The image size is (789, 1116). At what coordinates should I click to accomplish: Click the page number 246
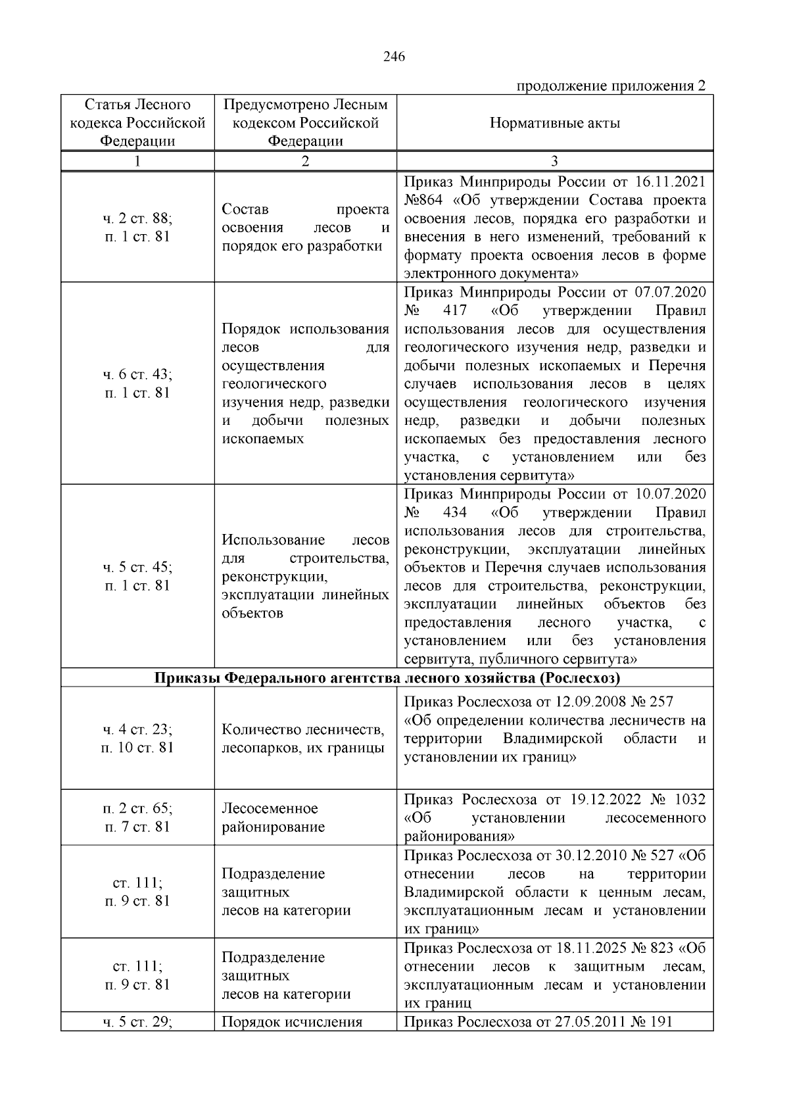point(394,57)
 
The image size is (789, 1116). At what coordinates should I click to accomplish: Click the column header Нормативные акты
point(554,123)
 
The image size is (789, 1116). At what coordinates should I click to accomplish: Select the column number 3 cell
point(554,162)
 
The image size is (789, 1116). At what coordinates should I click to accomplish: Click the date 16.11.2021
point(671,182)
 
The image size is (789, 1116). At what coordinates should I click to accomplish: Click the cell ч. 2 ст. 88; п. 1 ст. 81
point(137,228)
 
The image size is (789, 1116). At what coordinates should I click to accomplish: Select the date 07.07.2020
point(671,292)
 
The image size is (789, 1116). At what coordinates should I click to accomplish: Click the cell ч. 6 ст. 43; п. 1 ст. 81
point(137,383)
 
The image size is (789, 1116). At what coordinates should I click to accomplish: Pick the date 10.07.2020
point(671,494)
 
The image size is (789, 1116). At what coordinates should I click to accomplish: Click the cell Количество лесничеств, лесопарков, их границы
point(304,739)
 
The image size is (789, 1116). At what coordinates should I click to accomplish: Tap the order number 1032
point(690,799)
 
